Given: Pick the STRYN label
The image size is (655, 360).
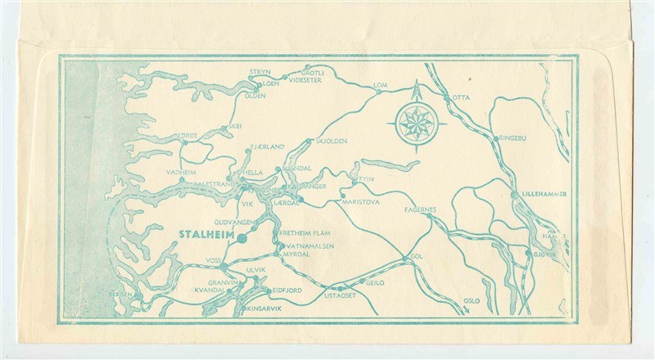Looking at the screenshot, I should click(x=260, y=73).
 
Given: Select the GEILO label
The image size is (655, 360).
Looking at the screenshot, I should click(x=375, y=281).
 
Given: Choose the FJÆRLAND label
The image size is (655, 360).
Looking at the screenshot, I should click(x=268, y=146).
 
